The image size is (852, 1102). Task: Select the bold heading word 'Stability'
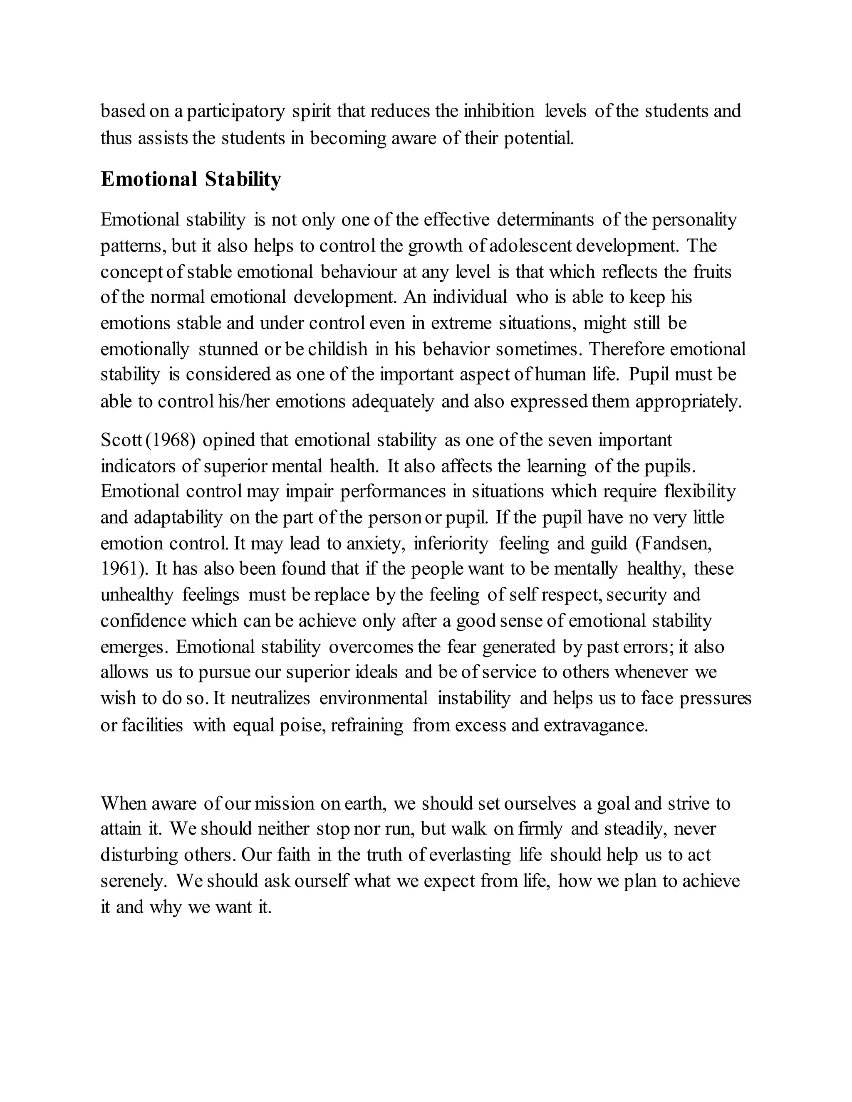[x=243, y=179]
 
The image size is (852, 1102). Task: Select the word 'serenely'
[x=133, y=881]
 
